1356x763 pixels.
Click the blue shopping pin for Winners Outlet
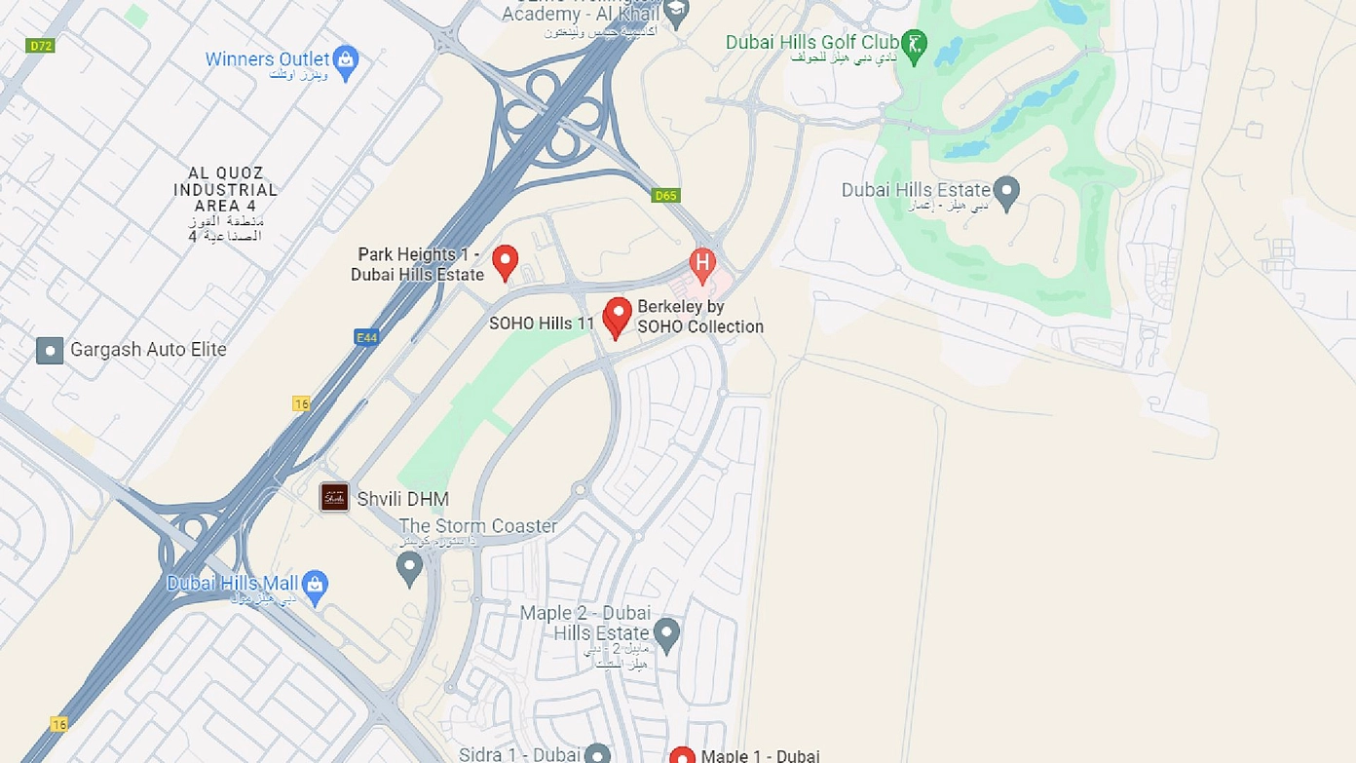click(345, 59)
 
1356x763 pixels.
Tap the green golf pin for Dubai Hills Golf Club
click(914, 44)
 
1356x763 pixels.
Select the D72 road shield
click(40, 45)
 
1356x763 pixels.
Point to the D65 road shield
click(665, 196)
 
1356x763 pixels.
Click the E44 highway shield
click(366, 337)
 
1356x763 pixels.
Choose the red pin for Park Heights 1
click(504, 261)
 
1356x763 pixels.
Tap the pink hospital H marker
click(702, 262)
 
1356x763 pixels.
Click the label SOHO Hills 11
click(542, 323)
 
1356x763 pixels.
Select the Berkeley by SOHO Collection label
click(699, 317)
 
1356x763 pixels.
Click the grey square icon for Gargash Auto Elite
click(50, 350)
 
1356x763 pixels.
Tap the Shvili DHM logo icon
click(334, 497)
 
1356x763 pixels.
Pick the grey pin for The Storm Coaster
click(409, 566)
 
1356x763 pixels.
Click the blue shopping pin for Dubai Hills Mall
click(315, 585)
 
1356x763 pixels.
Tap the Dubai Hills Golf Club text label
click(811, 43)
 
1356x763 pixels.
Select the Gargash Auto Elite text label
click(148, 350)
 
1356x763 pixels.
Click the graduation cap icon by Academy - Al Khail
click(675, 11)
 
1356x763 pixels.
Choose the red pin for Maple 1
click(683, 756)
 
